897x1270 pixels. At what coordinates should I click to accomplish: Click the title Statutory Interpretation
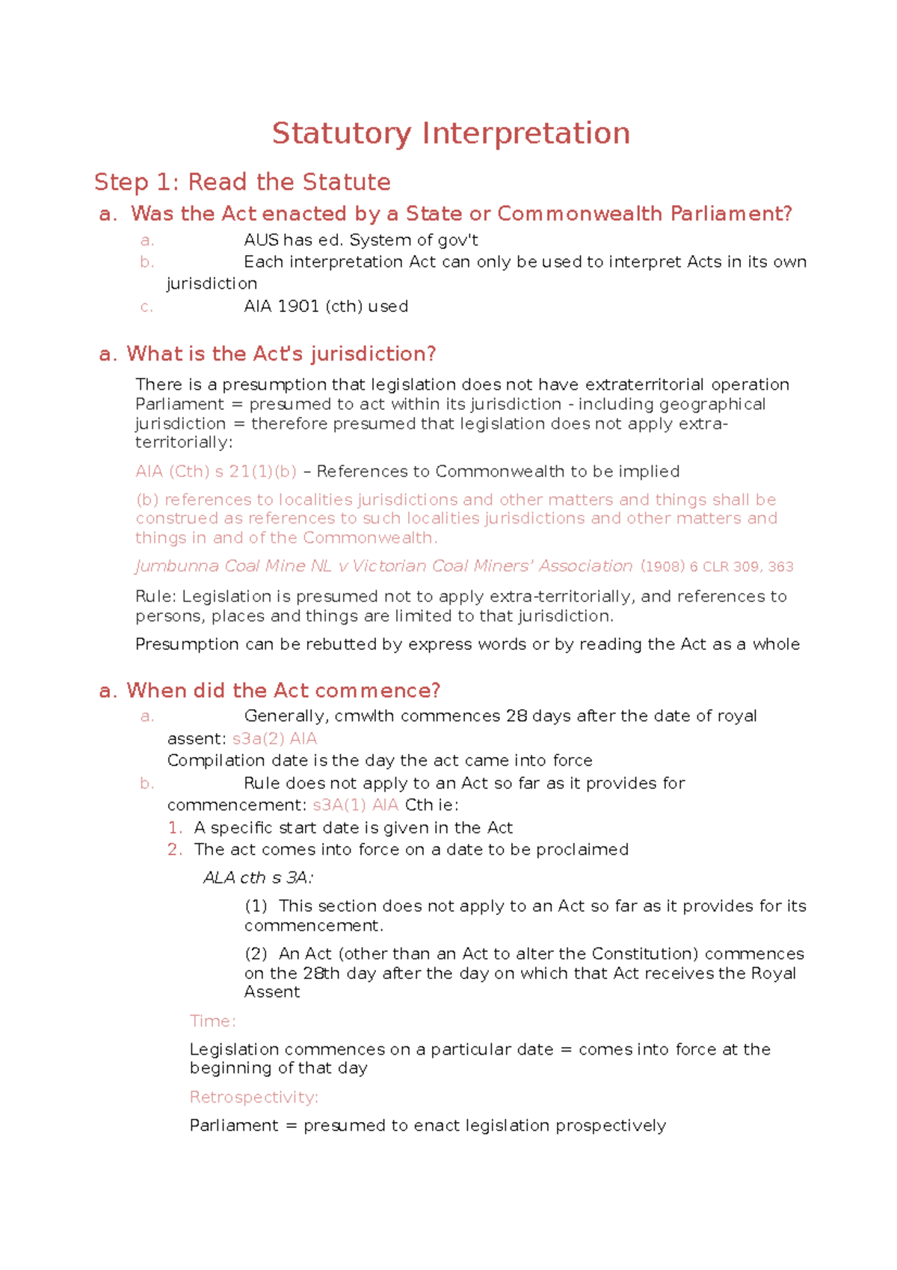[x=451, y=134]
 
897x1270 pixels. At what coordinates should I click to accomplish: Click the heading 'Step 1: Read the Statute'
[x=242, y=182]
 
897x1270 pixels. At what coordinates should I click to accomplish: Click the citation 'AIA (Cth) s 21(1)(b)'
[x=216, y=472]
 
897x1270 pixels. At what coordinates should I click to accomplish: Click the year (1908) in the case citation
[x=662, y=567]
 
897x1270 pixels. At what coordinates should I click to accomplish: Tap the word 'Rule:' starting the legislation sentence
[x=155, y=597]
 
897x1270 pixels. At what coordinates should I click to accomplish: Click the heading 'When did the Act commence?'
[x=283, y=690]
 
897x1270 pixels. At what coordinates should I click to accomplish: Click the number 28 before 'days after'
[x=517, y=717]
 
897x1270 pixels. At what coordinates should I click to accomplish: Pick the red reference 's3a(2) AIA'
[x=274, y=739]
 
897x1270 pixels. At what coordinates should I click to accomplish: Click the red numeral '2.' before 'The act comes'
[x=175, y=850]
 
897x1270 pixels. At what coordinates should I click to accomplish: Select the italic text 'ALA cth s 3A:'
[x=258, y=878]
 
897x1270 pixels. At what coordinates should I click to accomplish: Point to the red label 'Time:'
[x=212, y=1022]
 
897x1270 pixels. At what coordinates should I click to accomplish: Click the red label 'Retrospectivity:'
[x=254, y=1097]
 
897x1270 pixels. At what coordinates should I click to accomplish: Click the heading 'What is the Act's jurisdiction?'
[x=281, y=354]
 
